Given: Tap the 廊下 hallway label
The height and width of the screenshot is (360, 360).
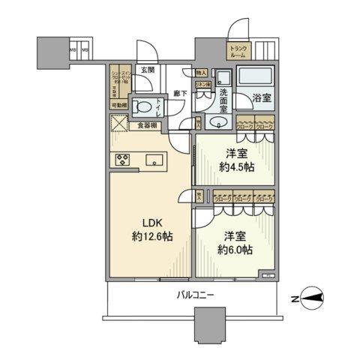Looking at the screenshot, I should [180, 94].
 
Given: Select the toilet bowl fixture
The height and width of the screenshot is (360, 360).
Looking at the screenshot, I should [140, 106].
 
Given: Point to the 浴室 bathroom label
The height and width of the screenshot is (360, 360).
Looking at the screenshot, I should [261, 97].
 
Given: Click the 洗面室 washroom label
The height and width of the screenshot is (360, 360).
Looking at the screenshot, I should [224, 97].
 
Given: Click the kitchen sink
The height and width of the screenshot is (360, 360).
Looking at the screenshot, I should [156, 159].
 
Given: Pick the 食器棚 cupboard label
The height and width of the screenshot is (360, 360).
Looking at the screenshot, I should [148, 125].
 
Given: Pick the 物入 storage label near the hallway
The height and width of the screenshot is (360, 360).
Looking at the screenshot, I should [201, 73].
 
